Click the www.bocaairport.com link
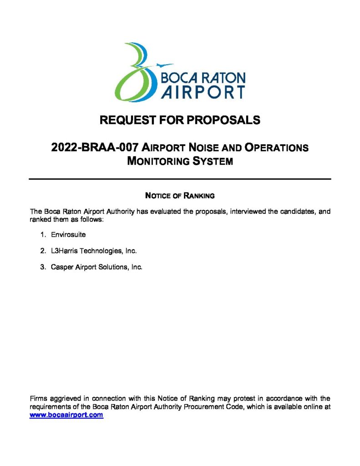66,415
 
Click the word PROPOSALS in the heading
224,120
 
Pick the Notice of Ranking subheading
179,196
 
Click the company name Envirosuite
68,235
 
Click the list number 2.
42,251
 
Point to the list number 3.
42,267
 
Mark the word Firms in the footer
39,399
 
